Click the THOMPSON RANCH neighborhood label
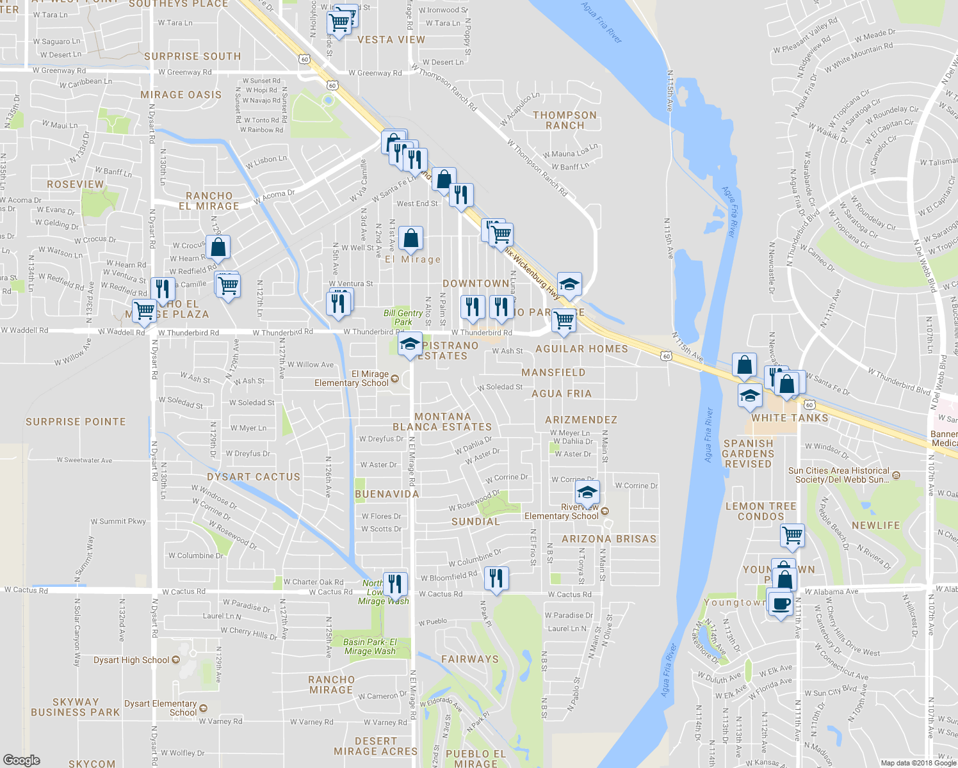[565, 120]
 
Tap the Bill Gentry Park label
[403, 317]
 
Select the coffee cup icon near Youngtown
[781, 604]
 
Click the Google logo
[21, 760]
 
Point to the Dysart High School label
[131, 660]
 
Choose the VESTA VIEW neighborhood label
[391, 40]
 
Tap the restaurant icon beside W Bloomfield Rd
[496, 579]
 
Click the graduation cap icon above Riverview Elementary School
[587, 492]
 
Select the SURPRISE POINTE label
[76, 422]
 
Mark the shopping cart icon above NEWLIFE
[793, 534]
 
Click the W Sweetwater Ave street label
[84, 460]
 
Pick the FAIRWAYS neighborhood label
[470, 659]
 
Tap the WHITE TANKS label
[790, 418]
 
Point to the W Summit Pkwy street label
[118, 522]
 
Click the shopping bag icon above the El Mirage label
[411, 239]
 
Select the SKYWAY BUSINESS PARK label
[76, 707]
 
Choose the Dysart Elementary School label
[161, 708]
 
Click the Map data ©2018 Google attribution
[918, 763]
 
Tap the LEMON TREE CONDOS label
[761, 511]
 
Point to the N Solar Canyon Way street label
[77, 632]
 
